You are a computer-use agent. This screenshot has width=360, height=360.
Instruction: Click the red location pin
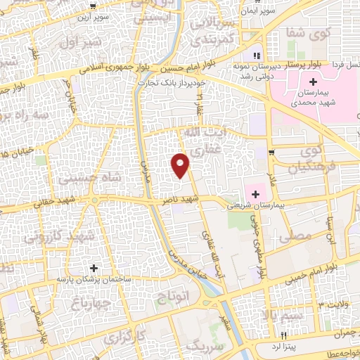(x=181, y=166)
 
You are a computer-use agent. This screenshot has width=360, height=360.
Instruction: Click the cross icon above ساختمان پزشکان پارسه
(x=94, y=267)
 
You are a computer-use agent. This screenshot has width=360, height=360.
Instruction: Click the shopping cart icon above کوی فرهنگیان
(x=271, y=152)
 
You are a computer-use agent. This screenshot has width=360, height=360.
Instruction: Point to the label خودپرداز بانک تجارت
(x=172, y=83)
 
